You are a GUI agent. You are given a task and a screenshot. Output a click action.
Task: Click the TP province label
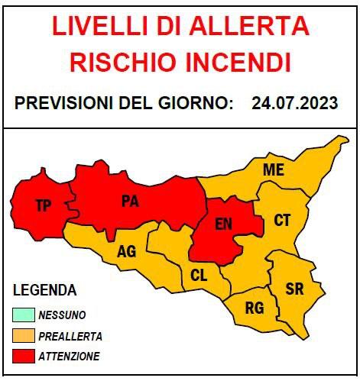44,205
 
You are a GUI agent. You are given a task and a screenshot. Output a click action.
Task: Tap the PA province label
129,202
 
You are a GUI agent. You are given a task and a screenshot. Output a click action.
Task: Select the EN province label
223,224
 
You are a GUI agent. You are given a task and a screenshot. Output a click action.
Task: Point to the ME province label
273,170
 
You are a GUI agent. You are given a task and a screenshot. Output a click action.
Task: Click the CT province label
282,221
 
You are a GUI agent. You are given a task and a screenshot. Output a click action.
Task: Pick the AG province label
127,251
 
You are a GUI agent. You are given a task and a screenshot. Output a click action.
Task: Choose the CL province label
199,276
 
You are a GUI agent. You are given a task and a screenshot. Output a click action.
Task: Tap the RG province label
254,308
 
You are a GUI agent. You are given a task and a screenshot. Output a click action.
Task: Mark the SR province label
294,289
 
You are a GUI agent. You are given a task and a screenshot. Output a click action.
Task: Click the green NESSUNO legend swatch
24,315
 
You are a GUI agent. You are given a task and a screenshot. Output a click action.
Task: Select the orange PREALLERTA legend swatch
24,335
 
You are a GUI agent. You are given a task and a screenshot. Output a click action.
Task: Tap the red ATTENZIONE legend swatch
24,356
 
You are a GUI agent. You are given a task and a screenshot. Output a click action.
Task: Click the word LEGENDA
45,290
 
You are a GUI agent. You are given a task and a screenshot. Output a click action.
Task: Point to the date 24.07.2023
294,103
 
